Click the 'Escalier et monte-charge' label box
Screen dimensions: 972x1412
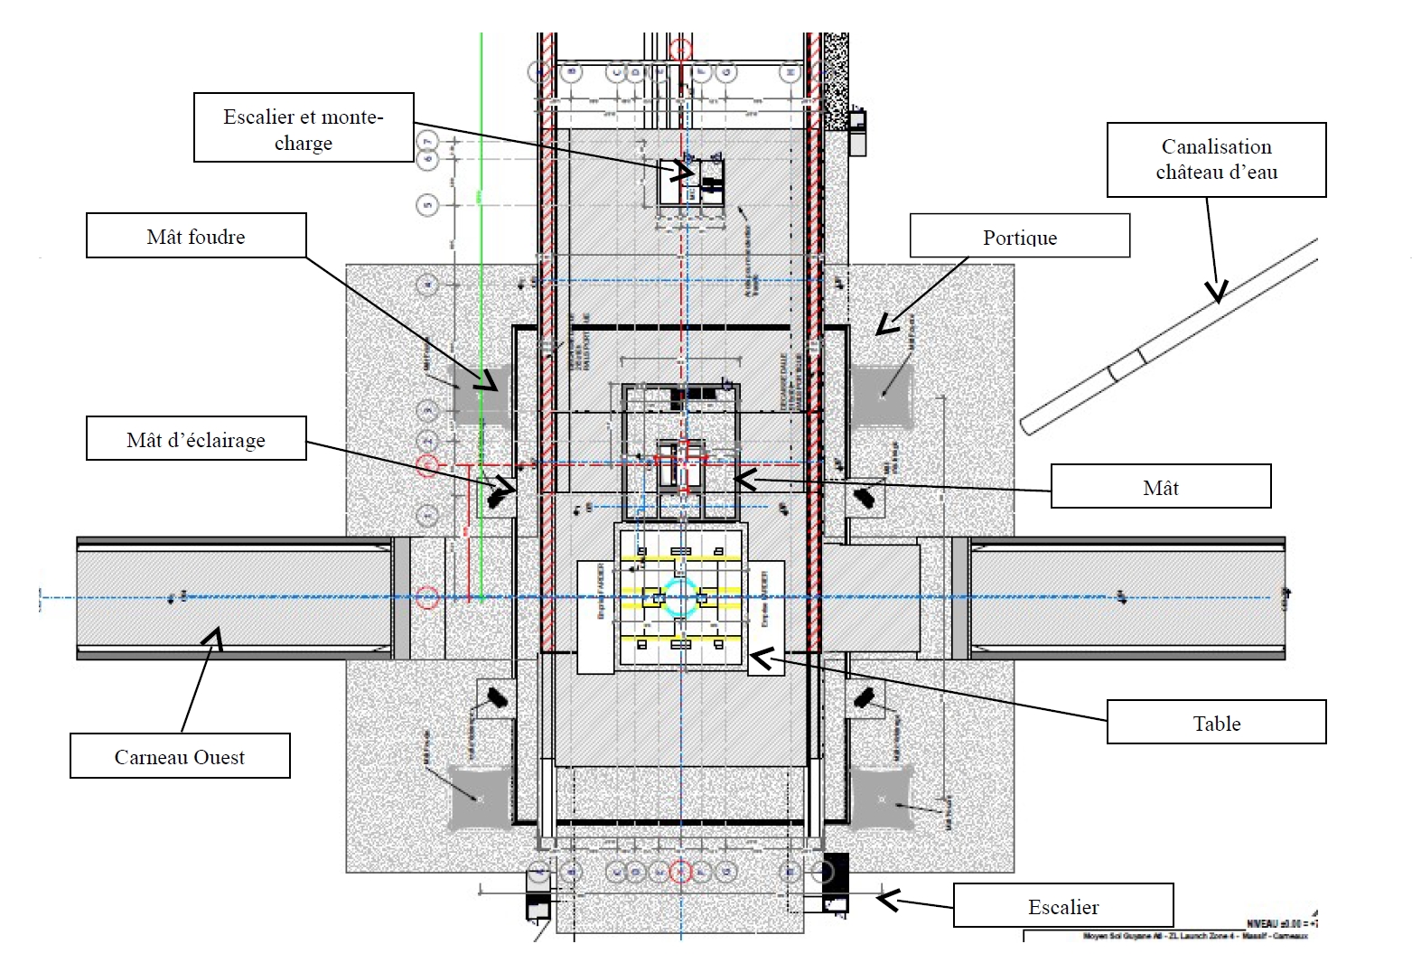(x=304, y=127)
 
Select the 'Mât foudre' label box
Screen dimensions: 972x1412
(x=196, y=236)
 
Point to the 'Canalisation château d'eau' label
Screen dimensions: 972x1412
(x=1216, y=159)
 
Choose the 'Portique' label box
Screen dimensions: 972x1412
(x=1019, y=236)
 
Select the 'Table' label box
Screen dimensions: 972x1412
(x=1216, y=722)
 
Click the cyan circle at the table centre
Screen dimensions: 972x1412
(x=680, y=597)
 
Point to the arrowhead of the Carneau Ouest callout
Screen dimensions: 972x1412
(x=214, y=639)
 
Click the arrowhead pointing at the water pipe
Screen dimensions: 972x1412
(x=1217, y=291)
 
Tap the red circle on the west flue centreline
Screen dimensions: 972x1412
(x=429, y=597)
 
